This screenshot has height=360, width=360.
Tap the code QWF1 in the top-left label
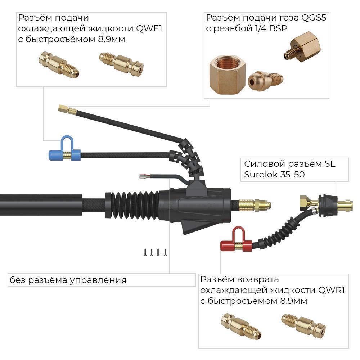(149, 28)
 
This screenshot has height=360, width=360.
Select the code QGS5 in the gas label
(314, 18)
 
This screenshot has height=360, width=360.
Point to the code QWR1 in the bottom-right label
(332, 290)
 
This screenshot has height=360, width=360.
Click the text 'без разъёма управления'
(68, 280)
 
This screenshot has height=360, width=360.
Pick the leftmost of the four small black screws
(145, 253)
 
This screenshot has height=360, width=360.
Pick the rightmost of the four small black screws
(165, 253)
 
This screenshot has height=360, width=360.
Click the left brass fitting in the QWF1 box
(59, 64)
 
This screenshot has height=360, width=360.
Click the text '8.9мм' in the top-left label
(112, 39)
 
